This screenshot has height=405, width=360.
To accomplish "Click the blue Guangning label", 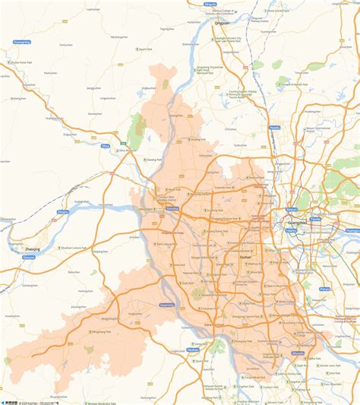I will [21, 41].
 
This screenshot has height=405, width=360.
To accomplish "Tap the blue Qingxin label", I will [210, 4].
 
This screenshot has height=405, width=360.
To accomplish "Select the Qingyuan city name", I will [223, 23].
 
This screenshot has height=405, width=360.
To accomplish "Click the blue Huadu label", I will [274, 128].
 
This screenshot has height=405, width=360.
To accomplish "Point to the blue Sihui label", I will [106, 145].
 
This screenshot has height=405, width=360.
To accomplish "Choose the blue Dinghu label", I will [63, 212].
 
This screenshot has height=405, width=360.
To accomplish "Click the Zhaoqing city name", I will [33, 248].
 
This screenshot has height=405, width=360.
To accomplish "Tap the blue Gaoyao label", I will [29, 258].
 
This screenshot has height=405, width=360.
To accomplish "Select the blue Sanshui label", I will [172, 207].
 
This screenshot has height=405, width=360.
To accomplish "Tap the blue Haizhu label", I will [291, 229].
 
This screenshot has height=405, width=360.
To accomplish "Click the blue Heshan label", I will [193, 350].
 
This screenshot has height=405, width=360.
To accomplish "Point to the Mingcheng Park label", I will [103, 331].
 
